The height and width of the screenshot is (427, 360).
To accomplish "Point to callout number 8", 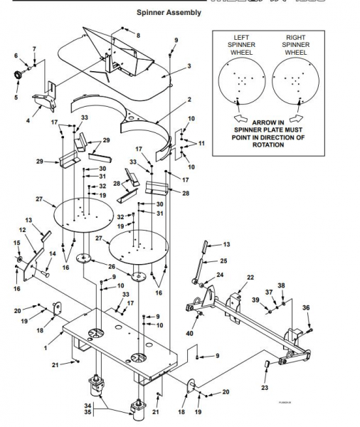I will click(138, 35).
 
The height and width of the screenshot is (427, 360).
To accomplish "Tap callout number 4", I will click(28, 122).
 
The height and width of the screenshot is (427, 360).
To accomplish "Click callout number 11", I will click(201, 143).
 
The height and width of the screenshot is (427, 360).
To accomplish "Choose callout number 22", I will click(250, 277).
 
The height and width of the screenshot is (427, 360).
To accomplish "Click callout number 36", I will click(307, 307).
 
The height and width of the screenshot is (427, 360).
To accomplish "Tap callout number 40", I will click(189, 333).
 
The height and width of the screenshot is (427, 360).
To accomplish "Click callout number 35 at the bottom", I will click(107, 411).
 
